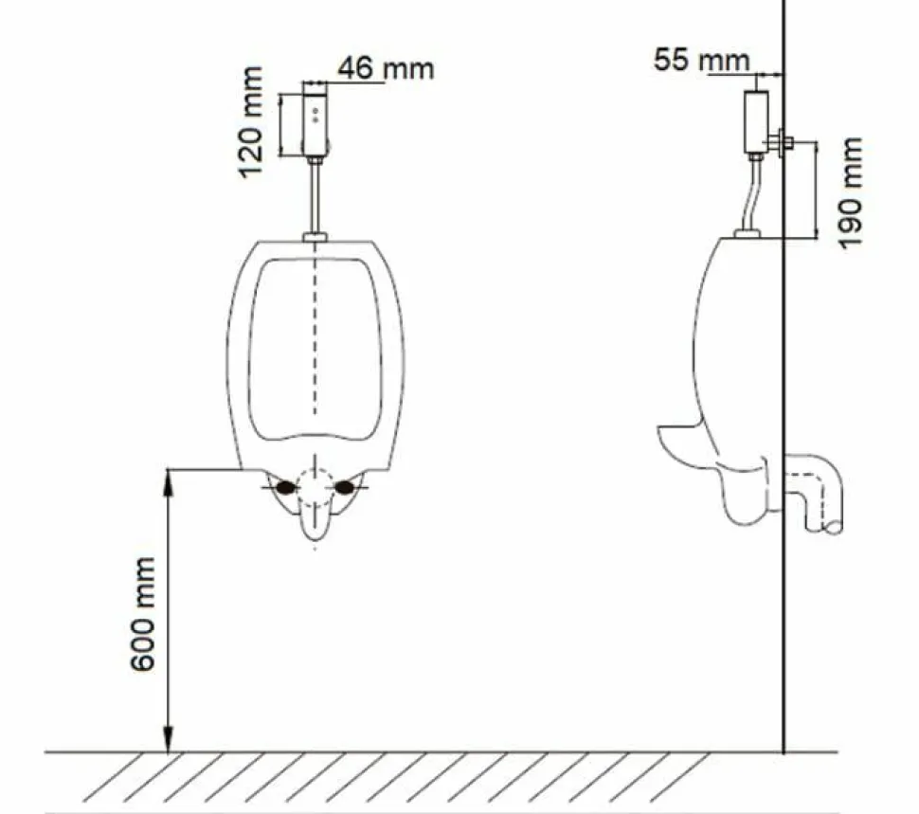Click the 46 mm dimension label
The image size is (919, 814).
[386, 68]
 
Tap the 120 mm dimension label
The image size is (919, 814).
[251, 122]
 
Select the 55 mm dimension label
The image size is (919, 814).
[701, 60]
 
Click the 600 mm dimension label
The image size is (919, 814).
[143, 614]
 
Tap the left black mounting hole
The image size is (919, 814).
[285, 487]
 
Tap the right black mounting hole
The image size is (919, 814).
[345, 487]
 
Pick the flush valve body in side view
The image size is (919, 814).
[756, 122]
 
